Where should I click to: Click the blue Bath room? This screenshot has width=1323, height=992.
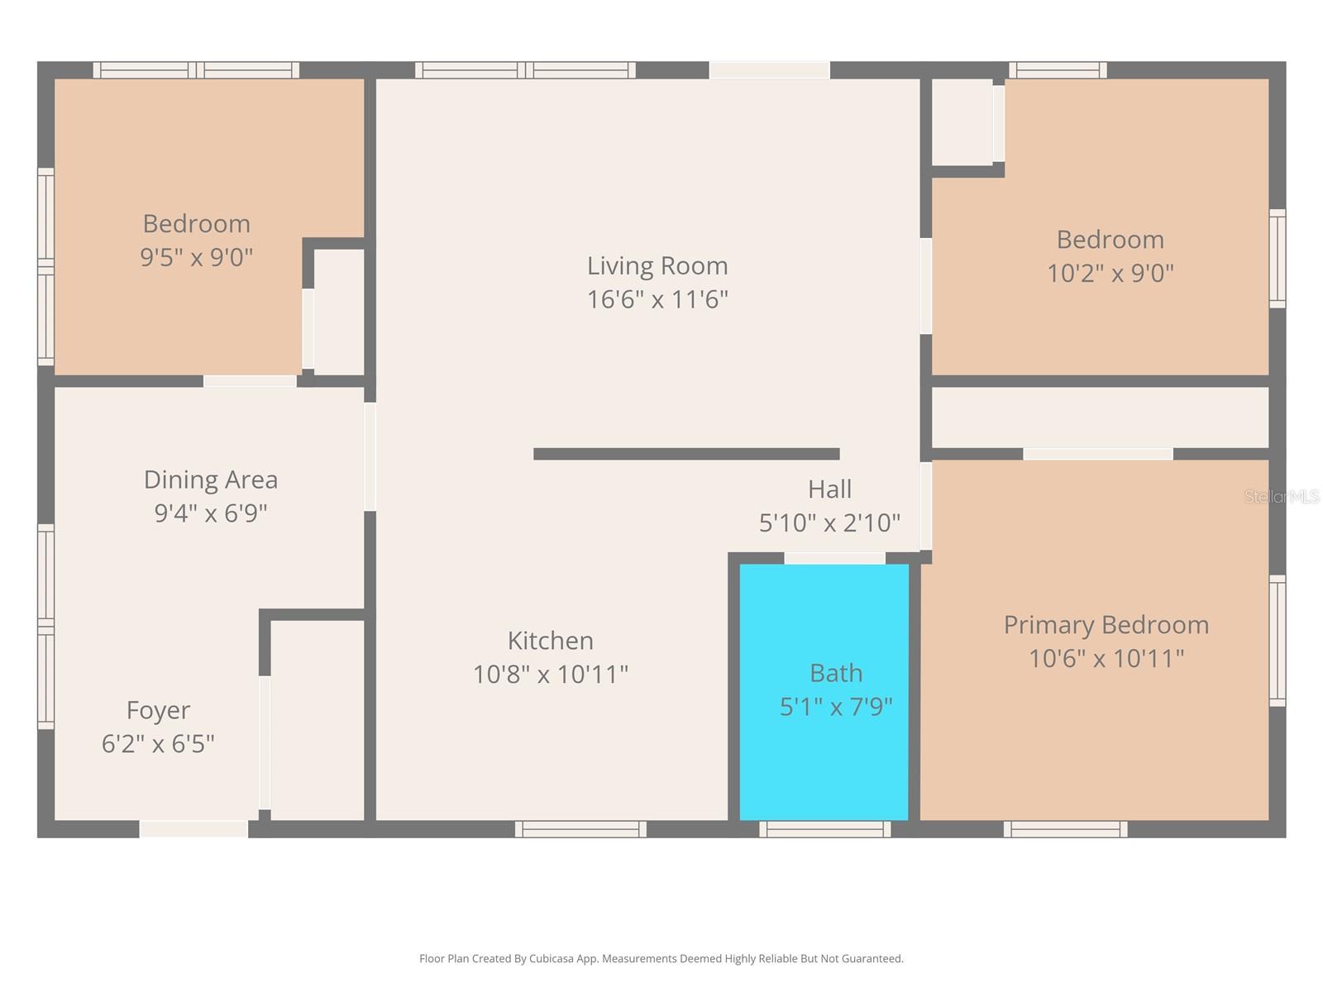pyautogui.click(x=823, y=691)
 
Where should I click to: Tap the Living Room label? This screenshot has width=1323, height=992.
pyautogui.click(x=657, y=265)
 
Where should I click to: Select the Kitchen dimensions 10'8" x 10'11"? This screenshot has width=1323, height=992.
pyautogui.click(x=551, y=674)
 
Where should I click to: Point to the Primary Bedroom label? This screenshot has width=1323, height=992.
pyautogui.click(x=1106, y=625)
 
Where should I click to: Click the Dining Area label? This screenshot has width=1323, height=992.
pyautogui.click(x=210, y=480)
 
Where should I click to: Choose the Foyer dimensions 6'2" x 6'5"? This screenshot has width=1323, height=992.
pyautogui.click(x=158, y=744)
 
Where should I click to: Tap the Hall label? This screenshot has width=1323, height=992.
pyautogui.click(x=829, y=489)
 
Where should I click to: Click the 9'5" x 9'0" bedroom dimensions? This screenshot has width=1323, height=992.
pyautogui.click(x=197, y=257)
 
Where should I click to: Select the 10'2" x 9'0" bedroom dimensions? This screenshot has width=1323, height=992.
pyautogui.click(x=1110, y=273)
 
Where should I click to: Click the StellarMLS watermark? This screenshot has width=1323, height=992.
pyautogui.click(x=1282, y=497)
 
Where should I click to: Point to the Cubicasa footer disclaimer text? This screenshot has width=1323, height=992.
pyautogui.click(x=661, y=958)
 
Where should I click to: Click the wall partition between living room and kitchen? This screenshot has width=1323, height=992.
pyautogui.click(x=686, y=454)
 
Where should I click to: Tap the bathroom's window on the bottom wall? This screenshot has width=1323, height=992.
pyautogui.click(x=824, y=829)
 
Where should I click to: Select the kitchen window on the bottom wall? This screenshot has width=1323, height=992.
pyautogui.click(x=580, y=829)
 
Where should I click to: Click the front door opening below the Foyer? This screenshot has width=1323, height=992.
pyautogui.click(x=193, y=829)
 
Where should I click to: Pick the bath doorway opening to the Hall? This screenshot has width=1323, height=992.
pyautogui.click(x=834, y=558)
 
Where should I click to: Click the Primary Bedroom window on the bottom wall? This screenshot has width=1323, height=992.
pyautogui.click(x=1065, y=829)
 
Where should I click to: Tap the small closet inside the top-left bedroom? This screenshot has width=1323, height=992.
pyautogui.click(x=339, y=312)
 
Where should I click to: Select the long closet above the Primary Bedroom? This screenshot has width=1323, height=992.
pyautogui.click(x=1100, y=417)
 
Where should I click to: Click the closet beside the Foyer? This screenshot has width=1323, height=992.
pyautogui.click(x=317, y=720)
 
